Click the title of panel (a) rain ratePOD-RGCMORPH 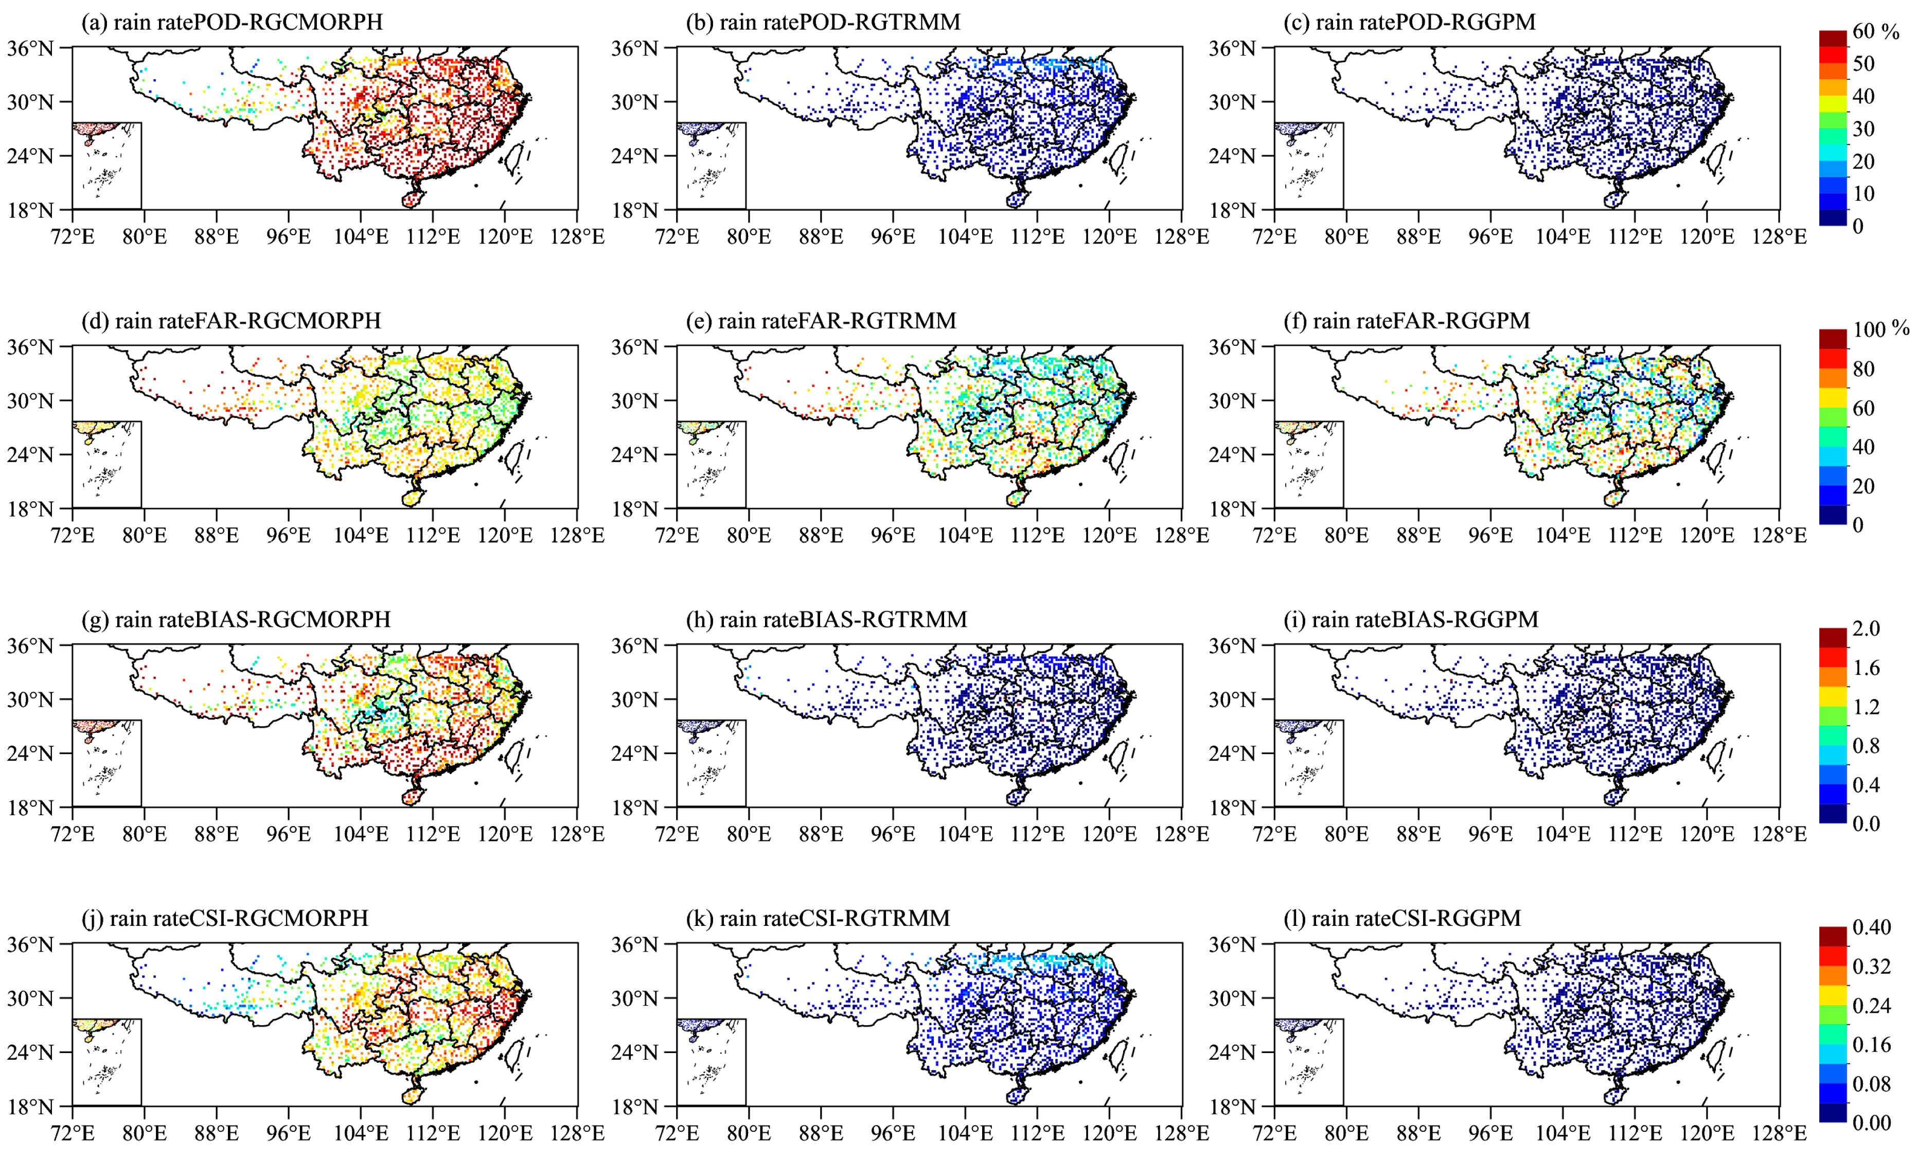pos(232,22)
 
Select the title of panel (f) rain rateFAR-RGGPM pos(1407,321)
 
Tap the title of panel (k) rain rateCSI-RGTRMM pos(818,918)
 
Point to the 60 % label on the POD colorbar pos(1876,31)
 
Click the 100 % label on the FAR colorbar pos(1879,329)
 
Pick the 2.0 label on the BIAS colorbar pos(1866,628)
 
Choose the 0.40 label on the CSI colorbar pos(1871,927)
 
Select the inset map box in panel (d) pos(106,464)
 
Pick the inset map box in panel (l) pos(1308,1061)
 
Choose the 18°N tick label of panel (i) pos(1232,808)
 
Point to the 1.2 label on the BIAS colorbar pos(1866,707)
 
